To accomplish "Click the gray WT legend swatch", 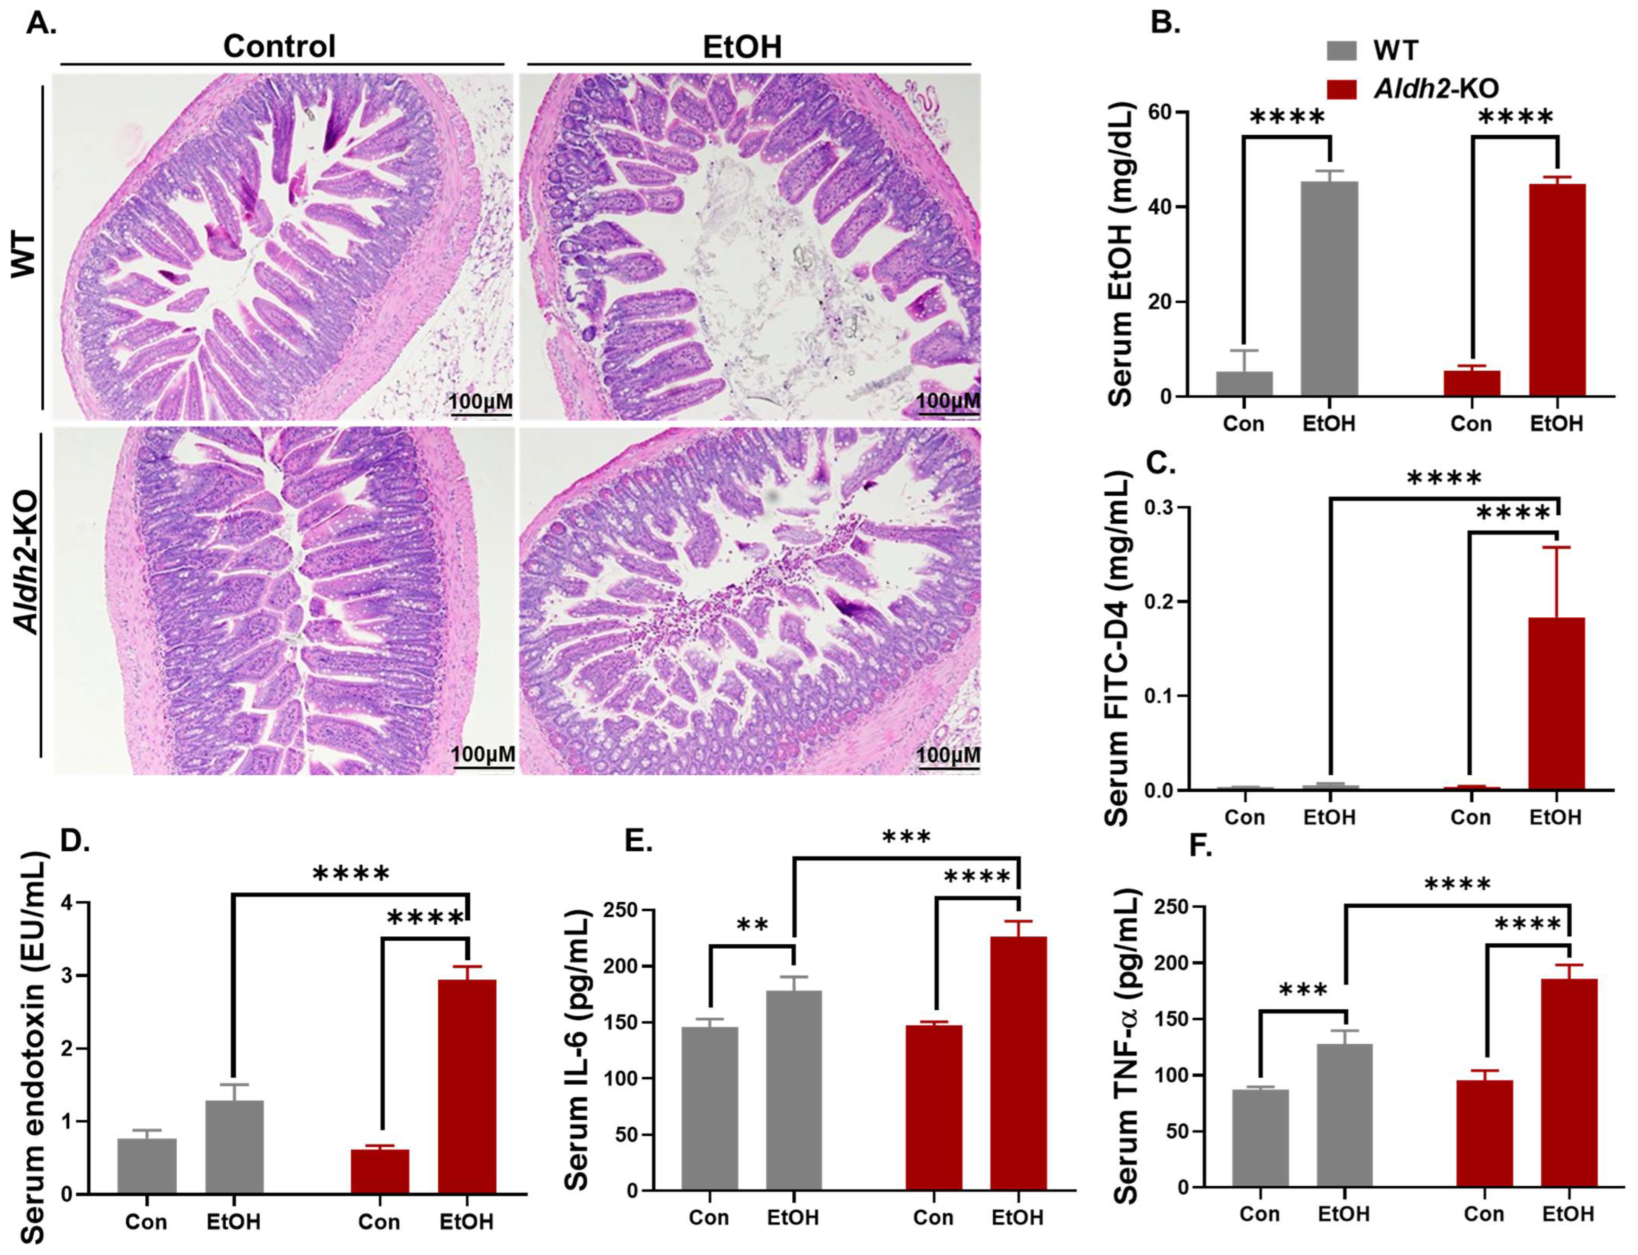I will (1341, 51).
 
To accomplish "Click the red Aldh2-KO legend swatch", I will (1341, 89).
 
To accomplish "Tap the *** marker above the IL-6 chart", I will (906, 838).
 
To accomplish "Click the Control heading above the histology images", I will (279, 46).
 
